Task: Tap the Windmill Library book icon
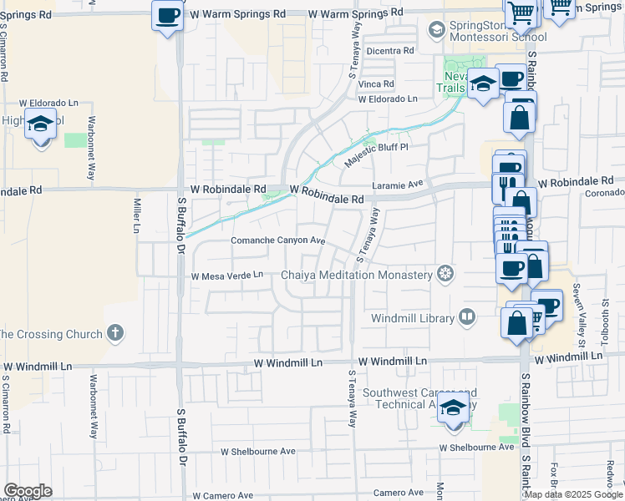[x=466, y=317]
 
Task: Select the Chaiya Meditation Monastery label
[x=357, y=274]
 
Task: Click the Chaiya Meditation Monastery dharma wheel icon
[x=446, y=274]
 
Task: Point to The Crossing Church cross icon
[x=115, y=334]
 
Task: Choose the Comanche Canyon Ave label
[x=277, y=240]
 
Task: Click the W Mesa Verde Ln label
[x=227, y=275]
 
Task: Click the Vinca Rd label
[x=375, y=84]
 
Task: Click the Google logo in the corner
[x=27, y=491]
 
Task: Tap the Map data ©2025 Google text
[x=573, y=494]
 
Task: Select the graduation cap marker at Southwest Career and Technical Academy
[x=454, y=410]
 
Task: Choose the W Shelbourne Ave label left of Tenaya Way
[x=258, y=451]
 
